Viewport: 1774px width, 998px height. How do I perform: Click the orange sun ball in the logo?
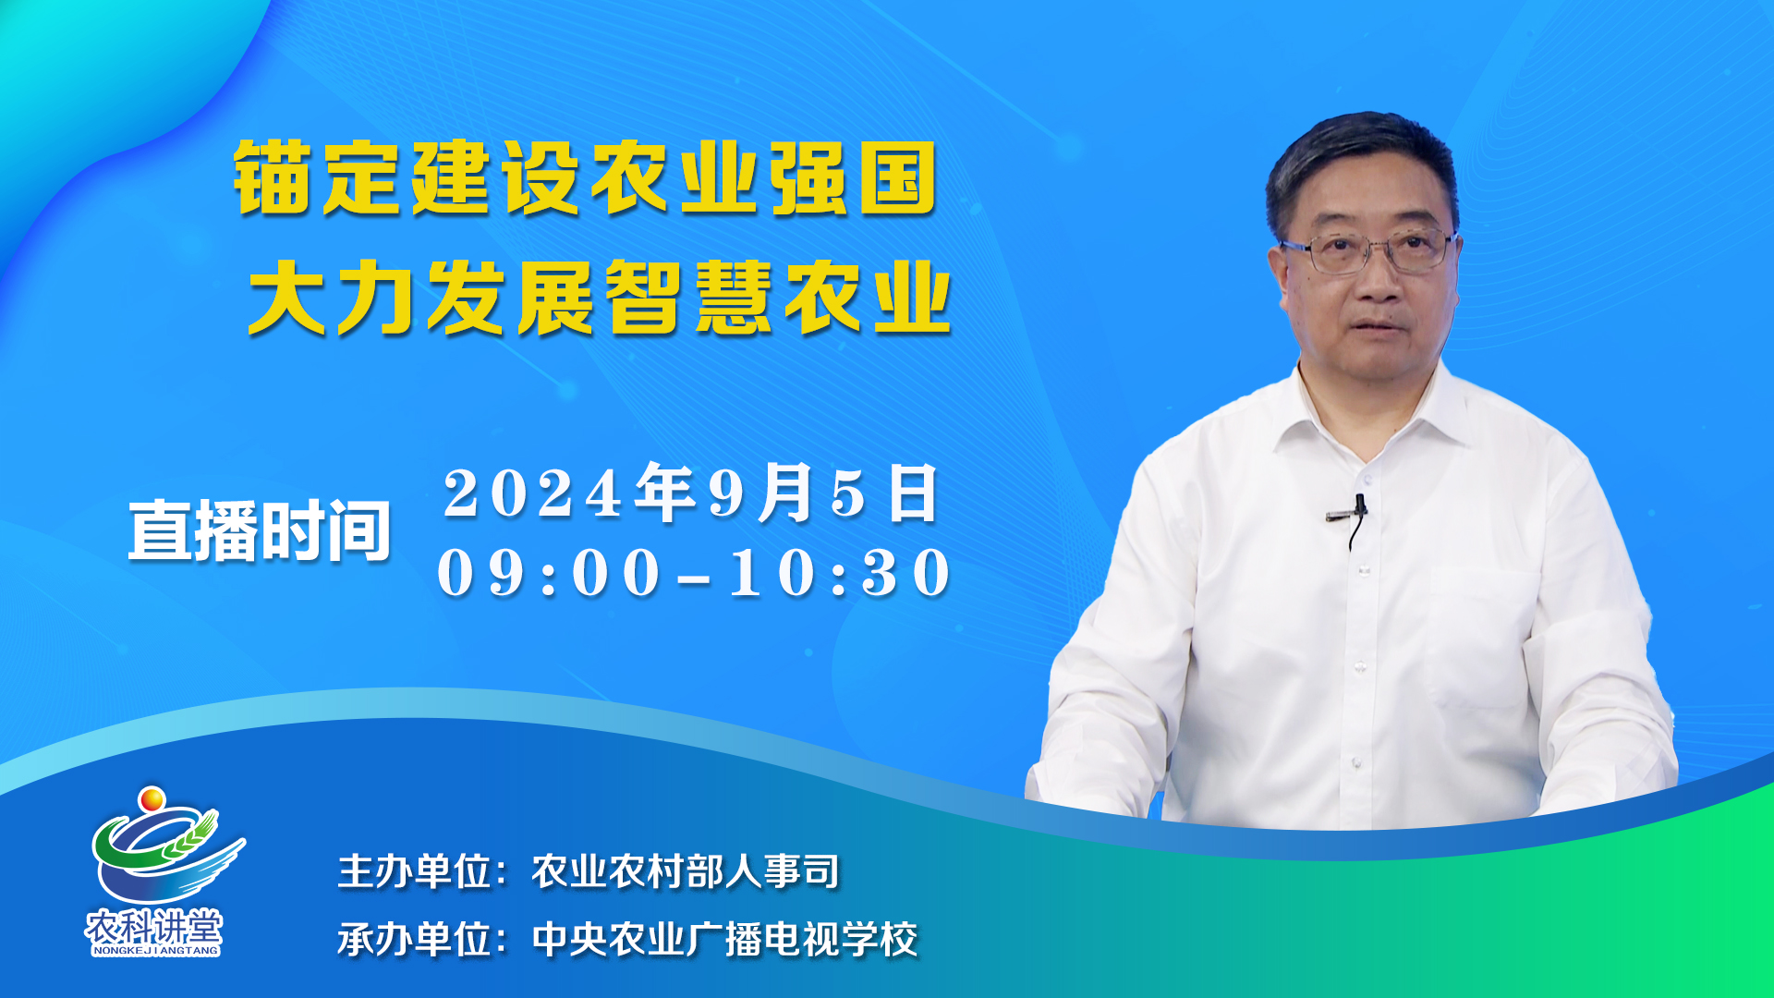[x=152, y=798]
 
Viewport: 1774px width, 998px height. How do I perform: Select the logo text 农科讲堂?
[x=154, y=926]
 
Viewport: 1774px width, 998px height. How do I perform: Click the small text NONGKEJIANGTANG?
[x=155, y=950]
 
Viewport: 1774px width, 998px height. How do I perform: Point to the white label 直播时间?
[x=261, y=531]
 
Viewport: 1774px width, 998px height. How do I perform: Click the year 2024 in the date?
[x=533, y=493]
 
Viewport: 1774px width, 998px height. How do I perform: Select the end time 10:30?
[x=840, y=573]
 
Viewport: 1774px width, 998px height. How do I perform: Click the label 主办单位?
[x=415, y=871]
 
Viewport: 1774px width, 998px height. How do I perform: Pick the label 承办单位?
[x=415, y=940]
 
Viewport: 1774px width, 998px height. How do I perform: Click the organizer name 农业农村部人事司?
[x=686, y=871]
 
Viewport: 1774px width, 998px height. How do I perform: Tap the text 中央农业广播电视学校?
[x=724, y=940]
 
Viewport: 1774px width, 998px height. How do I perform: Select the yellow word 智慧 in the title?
[x=687, y=297]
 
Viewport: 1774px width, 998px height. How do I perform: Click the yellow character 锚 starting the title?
[x=272, y=177]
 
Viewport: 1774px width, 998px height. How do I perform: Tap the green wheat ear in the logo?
[x=190, y=836]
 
